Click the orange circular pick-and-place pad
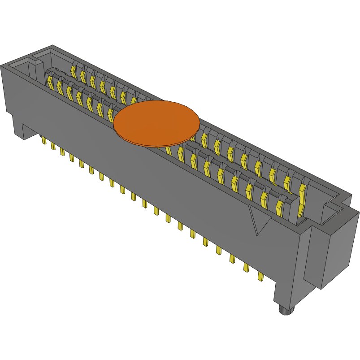(156, 123)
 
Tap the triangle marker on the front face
(259, 220)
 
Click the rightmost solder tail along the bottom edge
(260, 276)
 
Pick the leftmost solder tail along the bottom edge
(44, 141)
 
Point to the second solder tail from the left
(53, 146)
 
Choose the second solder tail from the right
(246, 267)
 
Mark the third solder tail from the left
(62, 152)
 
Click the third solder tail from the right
(232, 259)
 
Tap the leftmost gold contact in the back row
(74, 70)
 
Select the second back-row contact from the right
(287, 182)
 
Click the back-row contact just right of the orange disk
(204, 139)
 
